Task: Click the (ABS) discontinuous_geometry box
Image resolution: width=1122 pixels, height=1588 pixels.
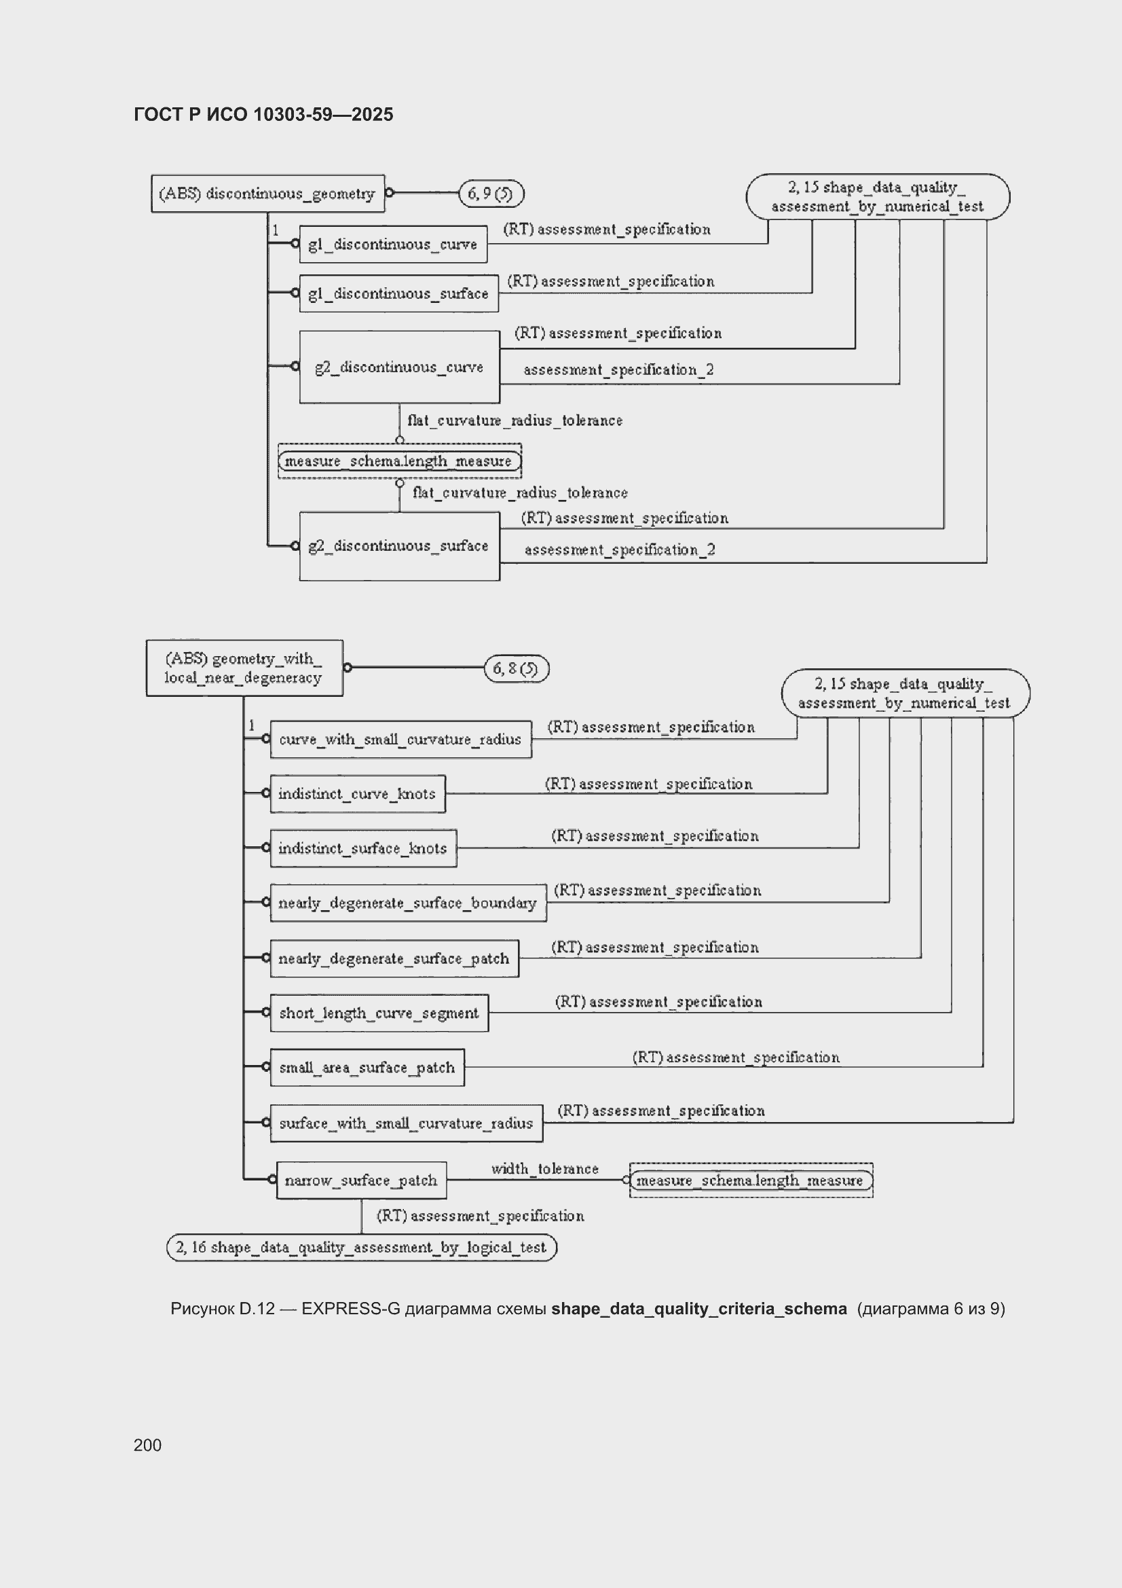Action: tap(267, 193)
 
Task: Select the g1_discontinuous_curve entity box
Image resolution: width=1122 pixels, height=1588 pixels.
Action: tap(392, 244)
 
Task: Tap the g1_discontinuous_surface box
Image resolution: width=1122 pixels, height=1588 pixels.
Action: tap(399, 293)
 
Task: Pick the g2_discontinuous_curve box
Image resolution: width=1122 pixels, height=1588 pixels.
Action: tap(400, 367)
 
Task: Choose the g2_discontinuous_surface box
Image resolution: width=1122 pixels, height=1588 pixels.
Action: tap(400, 545)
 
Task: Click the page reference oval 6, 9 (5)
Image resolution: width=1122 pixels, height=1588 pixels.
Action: tap(491, 194)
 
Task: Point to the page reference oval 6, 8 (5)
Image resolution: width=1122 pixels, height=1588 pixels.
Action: tap(517, 668)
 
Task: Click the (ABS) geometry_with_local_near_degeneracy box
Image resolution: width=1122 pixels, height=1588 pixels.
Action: tap(244, 668)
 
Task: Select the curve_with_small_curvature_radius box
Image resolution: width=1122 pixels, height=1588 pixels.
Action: tap(401, 740)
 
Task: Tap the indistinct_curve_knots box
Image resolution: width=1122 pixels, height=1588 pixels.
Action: tap(358, 793)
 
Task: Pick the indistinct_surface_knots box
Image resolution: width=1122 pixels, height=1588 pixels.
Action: tap(364, 848)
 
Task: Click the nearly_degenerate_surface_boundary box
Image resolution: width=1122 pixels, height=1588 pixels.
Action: tap(408, 903)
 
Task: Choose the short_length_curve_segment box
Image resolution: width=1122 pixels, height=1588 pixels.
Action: tap(379, 1013)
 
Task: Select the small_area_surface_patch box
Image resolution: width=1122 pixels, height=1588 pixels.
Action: tap(367, 1067)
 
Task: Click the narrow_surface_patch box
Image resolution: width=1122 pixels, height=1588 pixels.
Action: tap(362, 1180)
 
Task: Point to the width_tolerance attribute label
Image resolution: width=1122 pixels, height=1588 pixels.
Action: tap(545, 1168)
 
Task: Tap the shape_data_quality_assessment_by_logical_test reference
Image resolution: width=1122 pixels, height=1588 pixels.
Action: tap(362, 1247)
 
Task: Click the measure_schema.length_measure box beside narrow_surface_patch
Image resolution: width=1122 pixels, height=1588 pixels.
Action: tap(751, 1180)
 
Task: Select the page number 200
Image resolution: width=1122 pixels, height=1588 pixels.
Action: tap(147, 1445)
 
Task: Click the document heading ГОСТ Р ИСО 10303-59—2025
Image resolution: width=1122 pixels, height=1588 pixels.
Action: tap(263, 114)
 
